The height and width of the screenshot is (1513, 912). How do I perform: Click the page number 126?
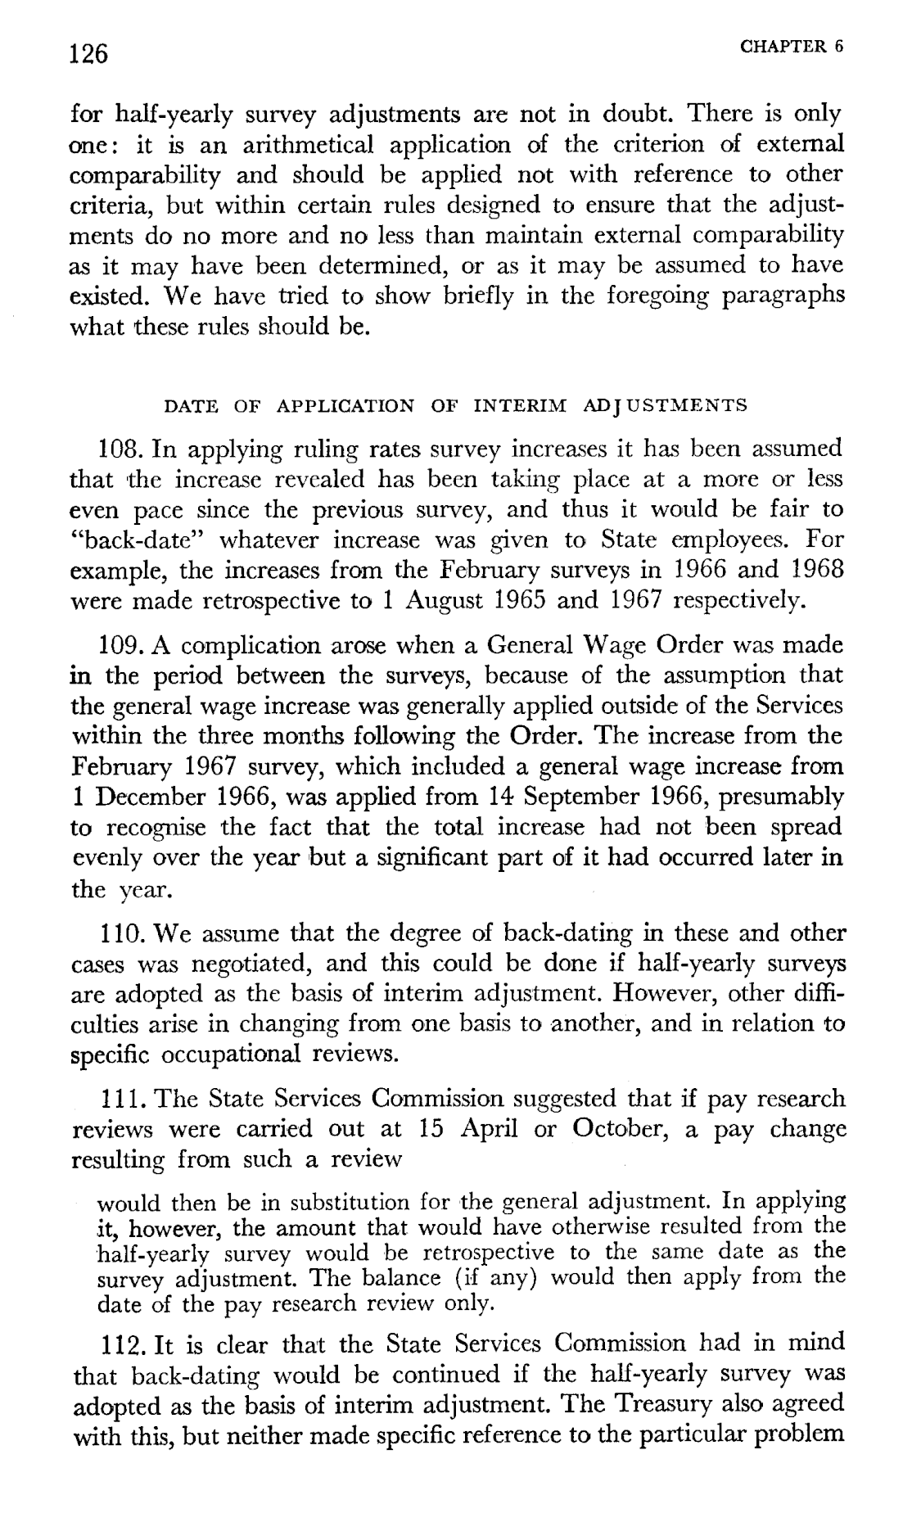pos(89,54)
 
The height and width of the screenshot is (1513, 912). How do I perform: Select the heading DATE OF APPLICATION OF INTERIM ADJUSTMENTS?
pos(456,405)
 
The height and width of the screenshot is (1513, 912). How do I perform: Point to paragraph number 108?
pos(121,450)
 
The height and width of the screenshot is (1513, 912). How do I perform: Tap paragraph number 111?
pos(121,1099)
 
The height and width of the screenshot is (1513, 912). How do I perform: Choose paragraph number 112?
pos(121,1344)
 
